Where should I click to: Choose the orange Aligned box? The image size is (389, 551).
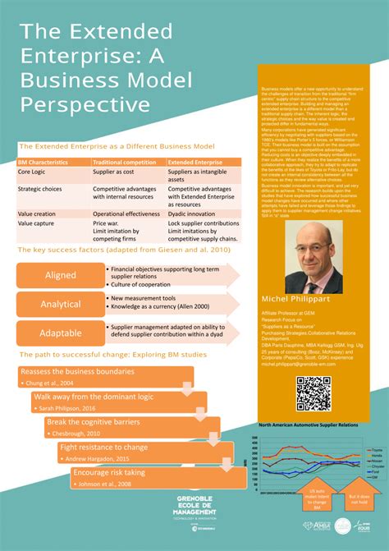61,275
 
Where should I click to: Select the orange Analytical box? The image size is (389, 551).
61,304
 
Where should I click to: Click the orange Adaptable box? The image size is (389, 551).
61,333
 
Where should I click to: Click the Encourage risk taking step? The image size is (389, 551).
109,473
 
